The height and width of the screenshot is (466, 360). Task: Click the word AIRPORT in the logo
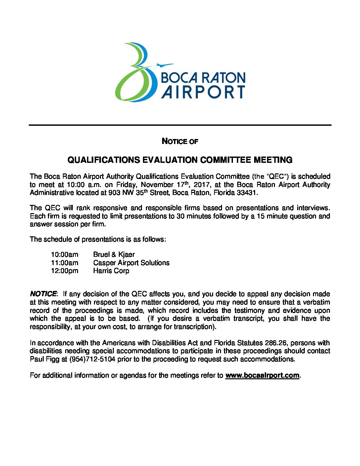[x=203, y=92]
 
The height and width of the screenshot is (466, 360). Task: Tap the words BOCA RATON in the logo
[x=203, y=78]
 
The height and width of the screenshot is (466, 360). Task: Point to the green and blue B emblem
[x=136, y=73]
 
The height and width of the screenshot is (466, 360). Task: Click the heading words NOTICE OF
[x=180, y=141]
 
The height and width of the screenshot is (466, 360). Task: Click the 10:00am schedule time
[x=65, y=255]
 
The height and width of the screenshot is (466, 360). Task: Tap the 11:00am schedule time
[x=65, y=263]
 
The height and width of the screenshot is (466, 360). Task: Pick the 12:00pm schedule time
[x=65, y=271]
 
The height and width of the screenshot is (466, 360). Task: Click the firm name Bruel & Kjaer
[x=114, y=255]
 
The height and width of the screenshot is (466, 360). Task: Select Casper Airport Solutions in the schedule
[x=131, y=263]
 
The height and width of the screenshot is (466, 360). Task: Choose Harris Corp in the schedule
[x=111, y=271]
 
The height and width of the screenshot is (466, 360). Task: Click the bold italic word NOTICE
[x=43, y=294]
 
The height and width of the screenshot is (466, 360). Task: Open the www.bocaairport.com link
[x=262, y=375]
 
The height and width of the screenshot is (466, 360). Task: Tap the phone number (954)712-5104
[x=92, y=359]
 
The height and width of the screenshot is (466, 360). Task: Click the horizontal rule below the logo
[x=180, y=125]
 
